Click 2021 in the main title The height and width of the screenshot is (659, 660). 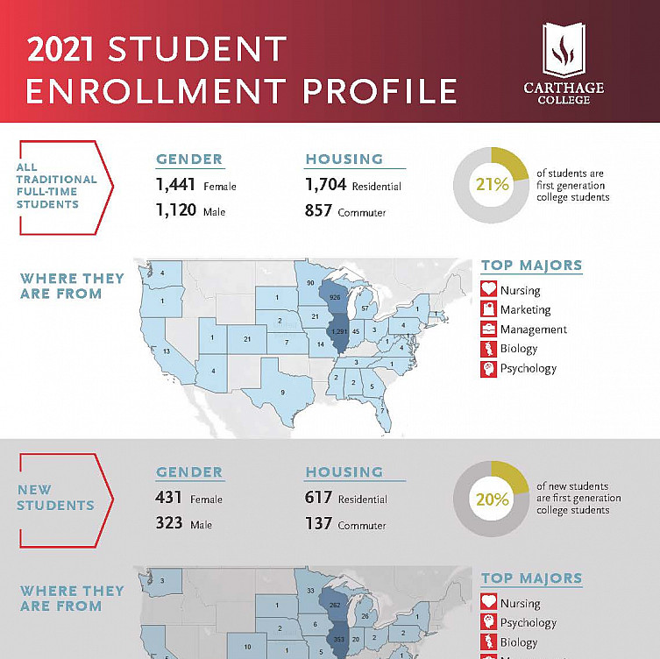point(60,50)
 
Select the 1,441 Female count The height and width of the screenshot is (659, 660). point(177,185)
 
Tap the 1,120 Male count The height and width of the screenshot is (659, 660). point(177,211)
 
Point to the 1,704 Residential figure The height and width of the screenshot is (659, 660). point(327,185)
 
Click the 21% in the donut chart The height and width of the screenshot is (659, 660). point(492,184)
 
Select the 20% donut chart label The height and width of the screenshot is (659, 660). point(492,500)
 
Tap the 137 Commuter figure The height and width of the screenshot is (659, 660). point(319,524)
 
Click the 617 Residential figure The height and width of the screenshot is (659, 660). point(319,498)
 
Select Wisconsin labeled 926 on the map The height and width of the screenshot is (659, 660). point(334,298)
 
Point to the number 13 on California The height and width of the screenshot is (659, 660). point(167,351)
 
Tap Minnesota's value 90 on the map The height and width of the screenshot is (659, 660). point(310,282)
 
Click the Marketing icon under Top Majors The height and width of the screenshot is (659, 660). point(488,309)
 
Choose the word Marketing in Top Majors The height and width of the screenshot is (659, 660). point(525,309)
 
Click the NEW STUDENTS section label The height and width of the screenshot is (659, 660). point(55,497)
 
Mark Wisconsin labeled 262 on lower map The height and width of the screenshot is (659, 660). point(334,605)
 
